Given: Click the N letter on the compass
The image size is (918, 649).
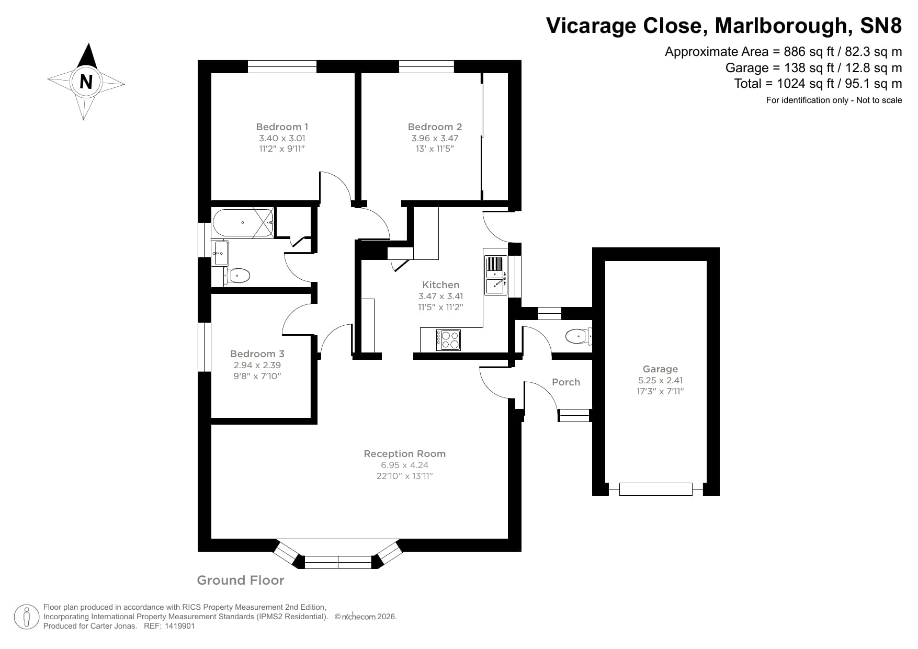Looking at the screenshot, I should click(86, 82).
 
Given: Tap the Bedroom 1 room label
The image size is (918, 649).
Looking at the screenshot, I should click(282, 127).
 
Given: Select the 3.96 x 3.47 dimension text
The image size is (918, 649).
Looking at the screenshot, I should click(435, 138).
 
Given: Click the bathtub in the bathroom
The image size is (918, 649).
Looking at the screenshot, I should click(243, 223).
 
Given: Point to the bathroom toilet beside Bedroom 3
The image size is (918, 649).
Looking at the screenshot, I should click(239, 275).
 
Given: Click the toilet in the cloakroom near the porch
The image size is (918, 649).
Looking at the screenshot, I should click(577, 336).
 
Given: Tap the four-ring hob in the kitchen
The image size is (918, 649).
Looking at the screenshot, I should click(448, 340).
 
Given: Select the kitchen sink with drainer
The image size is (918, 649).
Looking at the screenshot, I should click(495, 275).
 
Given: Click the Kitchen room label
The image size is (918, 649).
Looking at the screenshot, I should click(440, 284).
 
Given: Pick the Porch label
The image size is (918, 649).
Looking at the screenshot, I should click(566, 382).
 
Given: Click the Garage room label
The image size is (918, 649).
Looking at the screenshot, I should click(660, 369).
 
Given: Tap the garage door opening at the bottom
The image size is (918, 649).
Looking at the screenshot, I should click(655, 489).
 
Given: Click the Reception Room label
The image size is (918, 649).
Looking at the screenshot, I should click(404, 453).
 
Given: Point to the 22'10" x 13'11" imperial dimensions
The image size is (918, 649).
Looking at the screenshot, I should click(404, 476).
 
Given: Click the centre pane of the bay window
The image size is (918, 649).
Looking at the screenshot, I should click(338, 562).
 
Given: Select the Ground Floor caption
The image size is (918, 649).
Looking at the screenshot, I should click(240, 580).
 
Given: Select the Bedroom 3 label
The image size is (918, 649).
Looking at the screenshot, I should click(257, 354).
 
